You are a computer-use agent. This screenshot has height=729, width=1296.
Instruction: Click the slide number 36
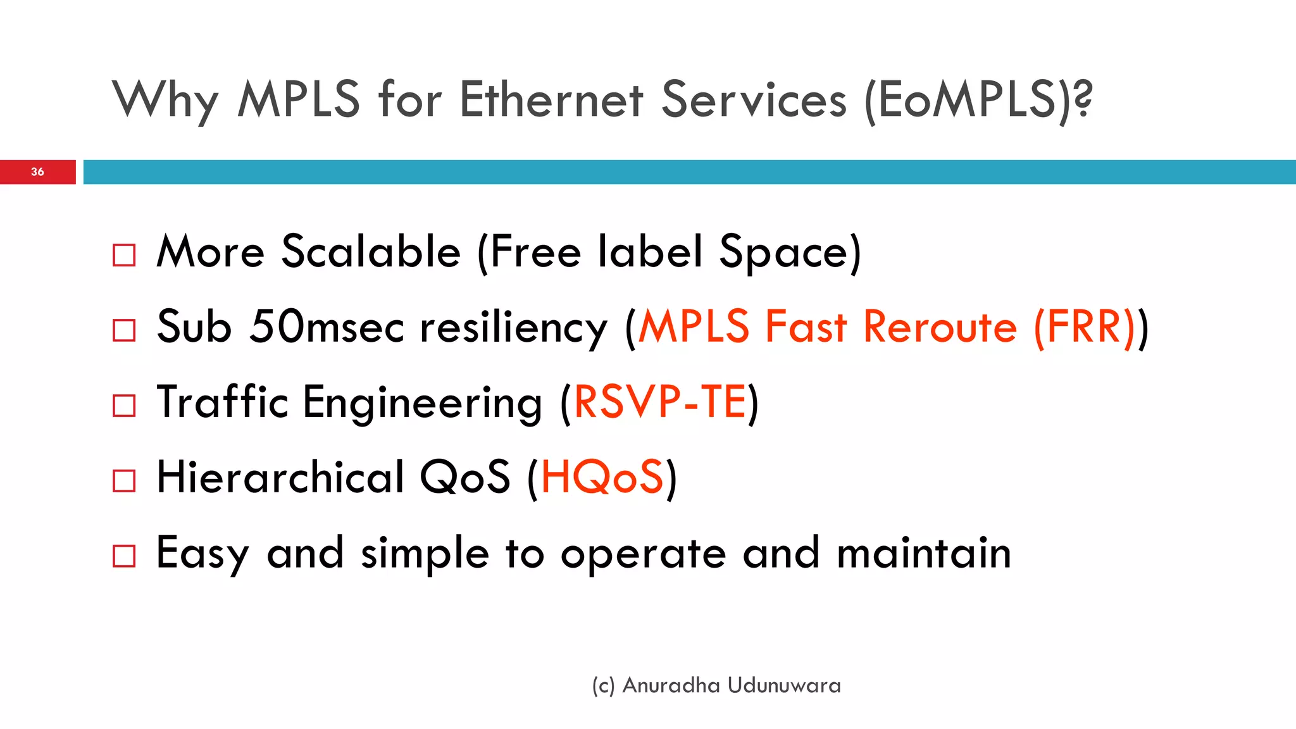37,171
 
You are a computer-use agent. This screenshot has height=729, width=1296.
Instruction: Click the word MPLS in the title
299,99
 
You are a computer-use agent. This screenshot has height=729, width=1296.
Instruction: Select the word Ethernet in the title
551,99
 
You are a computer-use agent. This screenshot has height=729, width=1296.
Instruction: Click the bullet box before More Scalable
124,255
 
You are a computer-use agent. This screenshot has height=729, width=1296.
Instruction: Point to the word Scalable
371,252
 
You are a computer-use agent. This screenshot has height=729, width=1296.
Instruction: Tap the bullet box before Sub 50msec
124,330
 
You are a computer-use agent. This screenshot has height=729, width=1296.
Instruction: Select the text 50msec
327,327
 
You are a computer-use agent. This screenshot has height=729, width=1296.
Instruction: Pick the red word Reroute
940,327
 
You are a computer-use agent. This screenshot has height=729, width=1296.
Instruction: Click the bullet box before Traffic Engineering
124,406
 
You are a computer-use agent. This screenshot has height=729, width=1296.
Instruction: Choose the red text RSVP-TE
660,402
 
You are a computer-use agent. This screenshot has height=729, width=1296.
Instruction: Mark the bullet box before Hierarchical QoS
124,481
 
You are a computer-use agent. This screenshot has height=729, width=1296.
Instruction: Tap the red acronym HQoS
602,478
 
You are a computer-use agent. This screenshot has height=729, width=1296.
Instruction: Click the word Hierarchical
280,477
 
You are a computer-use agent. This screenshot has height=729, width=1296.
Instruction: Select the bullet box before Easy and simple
124,556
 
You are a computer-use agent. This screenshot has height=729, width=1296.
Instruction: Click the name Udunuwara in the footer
784,685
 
